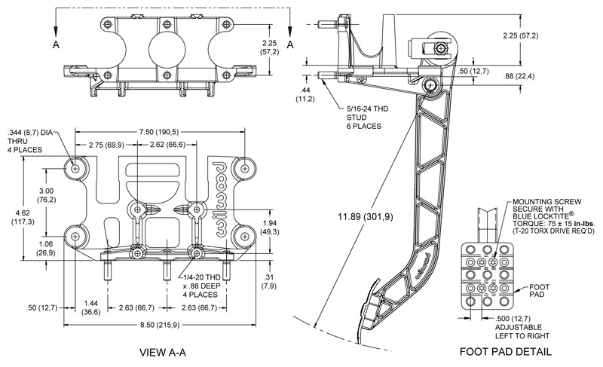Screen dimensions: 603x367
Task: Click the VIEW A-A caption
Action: tap(163, 352)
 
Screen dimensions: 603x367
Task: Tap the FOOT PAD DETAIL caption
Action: tap(505, 351)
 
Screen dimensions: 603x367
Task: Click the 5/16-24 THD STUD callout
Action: tap(367, 118)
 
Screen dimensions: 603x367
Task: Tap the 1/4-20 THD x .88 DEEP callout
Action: tap(201, 286)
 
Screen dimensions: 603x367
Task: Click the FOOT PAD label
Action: tap(539, 291)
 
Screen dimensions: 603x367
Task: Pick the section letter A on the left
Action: tap(56, 44)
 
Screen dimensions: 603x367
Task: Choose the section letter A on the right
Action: tap(290, 44)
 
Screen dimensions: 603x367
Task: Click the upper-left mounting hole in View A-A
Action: tap(75, 168)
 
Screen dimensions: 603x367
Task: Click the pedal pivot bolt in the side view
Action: tap(431, 84)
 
